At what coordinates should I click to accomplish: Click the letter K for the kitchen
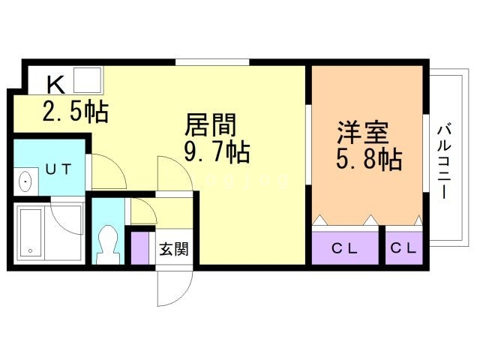coord(56,85)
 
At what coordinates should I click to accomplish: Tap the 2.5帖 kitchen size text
coord(76,112)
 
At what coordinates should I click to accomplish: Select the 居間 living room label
coord(211,124)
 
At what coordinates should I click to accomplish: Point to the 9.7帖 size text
coord(217,151)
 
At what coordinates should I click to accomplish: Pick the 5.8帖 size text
coord(369,159)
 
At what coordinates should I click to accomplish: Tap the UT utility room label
coord(58,169)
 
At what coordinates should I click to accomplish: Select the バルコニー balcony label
coord(445,161)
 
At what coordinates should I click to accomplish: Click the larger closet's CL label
coord(345,248)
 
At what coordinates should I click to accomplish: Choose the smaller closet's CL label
coord(403,248)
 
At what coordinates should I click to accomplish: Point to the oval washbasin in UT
coord(25,181)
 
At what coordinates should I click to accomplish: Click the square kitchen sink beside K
coord(88,80)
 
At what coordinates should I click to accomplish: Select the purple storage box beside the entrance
coord(140,248)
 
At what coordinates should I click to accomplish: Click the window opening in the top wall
coord(212,62)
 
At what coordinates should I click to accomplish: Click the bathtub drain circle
coord(30,250)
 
